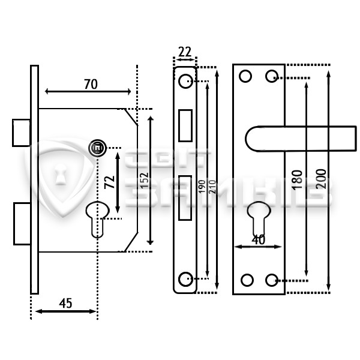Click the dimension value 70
91,84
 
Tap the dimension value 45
65,303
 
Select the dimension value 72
110,182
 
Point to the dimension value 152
145,181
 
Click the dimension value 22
185,52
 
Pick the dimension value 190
202,187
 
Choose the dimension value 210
212,187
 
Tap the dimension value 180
297,180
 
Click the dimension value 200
321,179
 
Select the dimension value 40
258,239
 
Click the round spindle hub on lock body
98,148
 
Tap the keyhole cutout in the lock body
97,219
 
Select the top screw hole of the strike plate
185,81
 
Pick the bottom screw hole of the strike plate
185,279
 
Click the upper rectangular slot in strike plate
185,125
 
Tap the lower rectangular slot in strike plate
185,198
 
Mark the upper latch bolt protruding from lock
22,133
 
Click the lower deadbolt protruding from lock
22,224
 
